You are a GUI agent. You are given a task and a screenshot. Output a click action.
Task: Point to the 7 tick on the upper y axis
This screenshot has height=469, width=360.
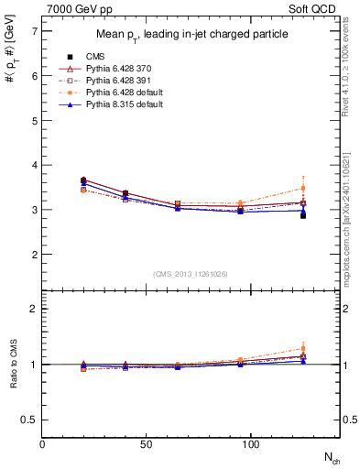[x=34, y=31]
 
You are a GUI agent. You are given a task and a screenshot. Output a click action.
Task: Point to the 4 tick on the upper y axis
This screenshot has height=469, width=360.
[x=34, y=165]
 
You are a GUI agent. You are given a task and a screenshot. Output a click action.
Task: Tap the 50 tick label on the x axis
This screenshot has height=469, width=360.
[x=147, y=444]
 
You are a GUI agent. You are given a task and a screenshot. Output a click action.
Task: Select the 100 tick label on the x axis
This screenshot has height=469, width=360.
[x=250, y=444]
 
